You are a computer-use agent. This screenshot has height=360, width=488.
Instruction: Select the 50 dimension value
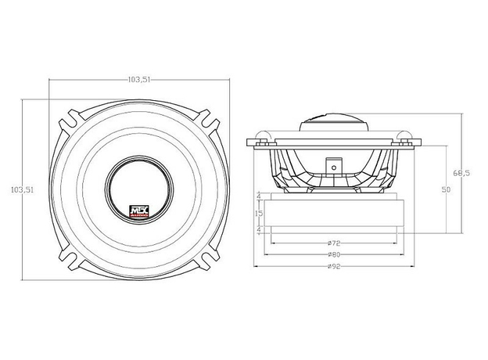[447, 190]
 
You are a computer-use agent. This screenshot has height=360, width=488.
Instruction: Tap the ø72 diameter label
[333, 243]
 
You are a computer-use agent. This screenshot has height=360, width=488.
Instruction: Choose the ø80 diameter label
[333, 254]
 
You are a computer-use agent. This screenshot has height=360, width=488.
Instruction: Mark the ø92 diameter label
[333, 266]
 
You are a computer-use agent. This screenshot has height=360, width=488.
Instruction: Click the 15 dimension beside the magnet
[260, 213]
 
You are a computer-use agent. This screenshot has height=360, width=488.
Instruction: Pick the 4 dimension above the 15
[260, 197]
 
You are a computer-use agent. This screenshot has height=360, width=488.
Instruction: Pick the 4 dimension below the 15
[260, 229]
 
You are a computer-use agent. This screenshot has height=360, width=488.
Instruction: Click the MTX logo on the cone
[138, 210]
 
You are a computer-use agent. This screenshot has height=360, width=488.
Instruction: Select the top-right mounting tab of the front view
[206, 121]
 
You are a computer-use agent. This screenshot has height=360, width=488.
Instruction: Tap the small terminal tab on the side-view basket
[333, 166]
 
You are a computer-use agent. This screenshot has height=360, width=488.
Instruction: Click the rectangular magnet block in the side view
[333, 213]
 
